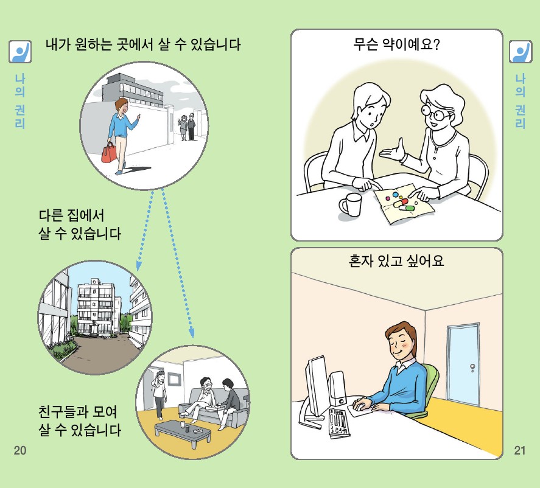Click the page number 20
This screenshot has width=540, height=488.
pos(19,451)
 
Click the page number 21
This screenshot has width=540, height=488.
pos(519,451)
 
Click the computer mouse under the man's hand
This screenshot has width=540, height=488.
pos(361,404)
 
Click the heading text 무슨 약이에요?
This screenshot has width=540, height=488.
pos(396,44)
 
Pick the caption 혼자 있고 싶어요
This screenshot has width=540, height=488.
pos(396,262)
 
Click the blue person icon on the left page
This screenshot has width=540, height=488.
pos(19,52)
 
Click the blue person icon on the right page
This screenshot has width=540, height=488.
pos(520,52)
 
